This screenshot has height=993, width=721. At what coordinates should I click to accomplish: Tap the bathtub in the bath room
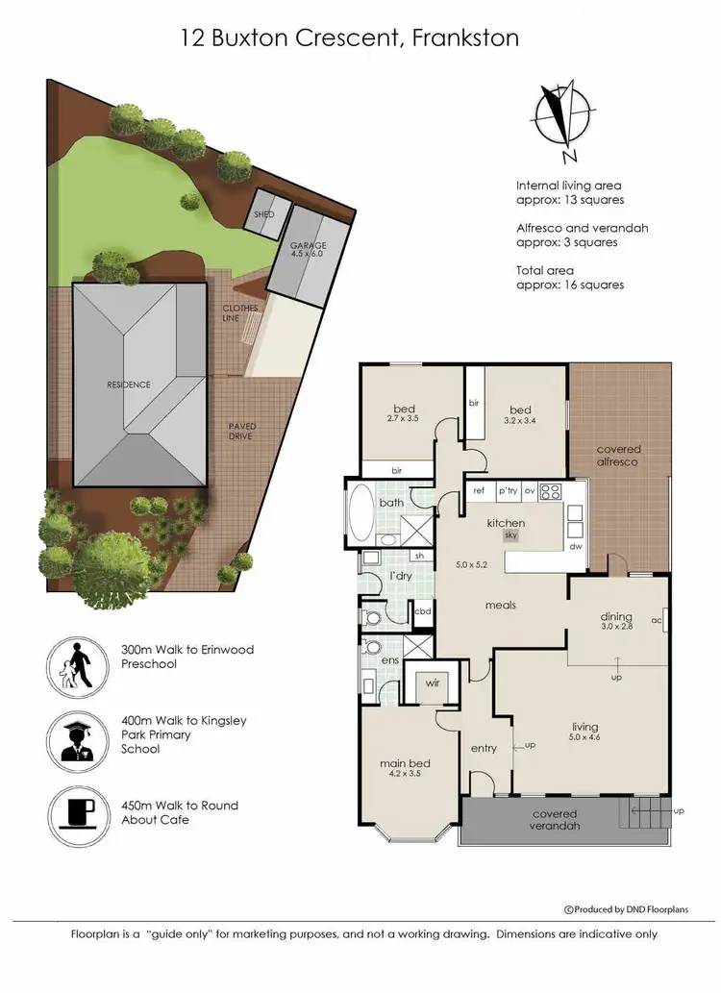363,515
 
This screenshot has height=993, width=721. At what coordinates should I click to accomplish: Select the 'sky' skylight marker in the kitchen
511,535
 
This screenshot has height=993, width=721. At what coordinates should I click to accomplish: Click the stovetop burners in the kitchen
551,491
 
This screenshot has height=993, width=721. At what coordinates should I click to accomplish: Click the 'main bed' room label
404,764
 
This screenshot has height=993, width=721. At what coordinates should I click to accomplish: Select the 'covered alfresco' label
618,456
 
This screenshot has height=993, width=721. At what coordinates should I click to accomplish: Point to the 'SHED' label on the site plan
263,213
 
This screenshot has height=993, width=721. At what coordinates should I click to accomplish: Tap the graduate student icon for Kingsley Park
77,734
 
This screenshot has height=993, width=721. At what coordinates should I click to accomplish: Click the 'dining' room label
616,616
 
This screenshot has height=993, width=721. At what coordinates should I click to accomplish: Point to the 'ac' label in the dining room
658,620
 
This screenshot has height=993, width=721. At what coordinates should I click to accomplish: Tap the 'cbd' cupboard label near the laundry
422,610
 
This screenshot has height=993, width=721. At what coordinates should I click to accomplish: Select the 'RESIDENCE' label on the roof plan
128,385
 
